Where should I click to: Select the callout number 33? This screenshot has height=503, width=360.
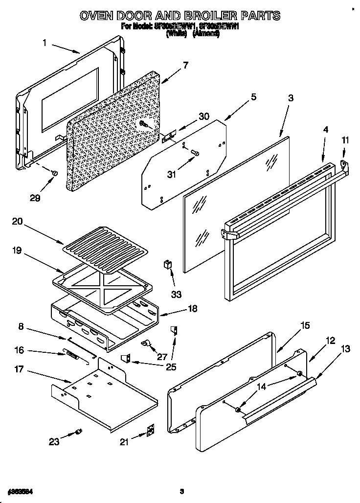coord(176,294)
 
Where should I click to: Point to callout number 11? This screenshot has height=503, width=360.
coord(345,140)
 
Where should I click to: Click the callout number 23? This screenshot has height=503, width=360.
coord(53,441)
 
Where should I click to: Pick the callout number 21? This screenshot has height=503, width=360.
coord(125,441)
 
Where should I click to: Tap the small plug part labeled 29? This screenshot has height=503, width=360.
coord(55,173)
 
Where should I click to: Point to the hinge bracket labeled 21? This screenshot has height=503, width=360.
coord(151,429)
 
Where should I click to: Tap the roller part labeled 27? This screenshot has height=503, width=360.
coord(146,344)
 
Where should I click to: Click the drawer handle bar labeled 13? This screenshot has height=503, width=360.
coord(279,396)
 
